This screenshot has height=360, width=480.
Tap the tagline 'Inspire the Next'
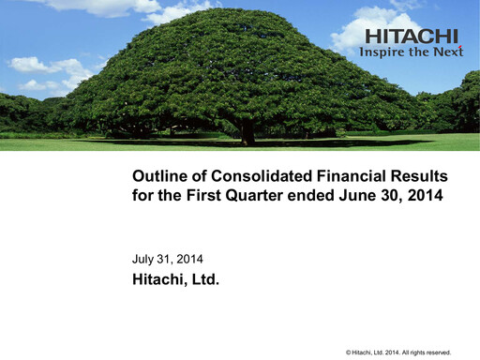click(412, 52)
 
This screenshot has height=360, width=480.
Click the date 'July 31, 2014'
click(167, 258)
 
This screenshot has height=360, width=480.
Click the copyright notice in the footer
click(398, 351)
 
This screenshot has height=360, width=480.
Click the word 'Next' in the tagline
click(447, 52)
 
